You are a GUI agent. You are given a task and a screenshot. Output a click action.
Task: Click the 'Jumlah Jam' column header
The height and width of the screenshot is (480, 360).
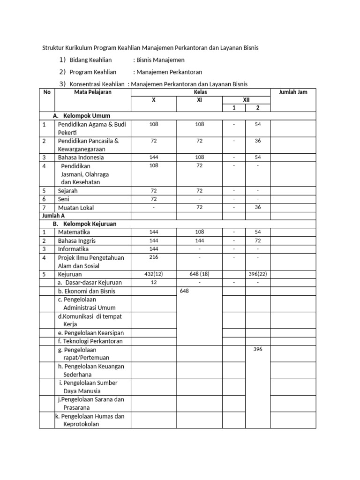tap(293, 92)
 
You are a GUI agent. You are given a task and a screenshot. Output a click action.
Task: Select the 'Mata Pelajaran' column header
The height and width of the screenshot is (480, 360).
tap(93, 92)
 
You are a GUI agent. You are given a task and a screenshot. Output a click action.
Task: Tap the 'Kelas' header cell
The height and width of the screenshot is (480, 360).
tap(200, 92)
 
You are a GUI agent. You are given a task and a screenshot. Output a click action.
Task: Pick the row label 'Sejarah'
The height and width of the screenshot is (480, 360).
tap(68, 191)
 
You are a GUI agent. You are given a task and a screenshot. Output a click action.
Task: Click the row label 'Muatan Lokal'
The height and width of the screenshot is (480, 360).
tap(75, 208)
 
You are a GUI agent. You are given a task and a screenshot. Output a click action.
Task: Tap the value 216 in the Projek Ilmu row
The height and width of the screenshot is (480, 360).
tap(154, 257)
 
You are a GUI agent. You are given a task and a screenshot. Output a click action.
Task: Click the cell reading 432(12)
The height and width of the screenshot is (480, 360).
tap(154, 274)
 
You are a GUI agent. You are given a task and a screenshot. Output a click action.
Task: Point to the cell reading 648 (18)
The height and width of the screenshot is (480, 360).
tap(199, 274)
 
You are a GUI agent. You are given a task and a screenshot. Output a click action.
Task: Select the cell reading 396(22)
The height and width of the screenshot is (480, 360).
tap(258, 274)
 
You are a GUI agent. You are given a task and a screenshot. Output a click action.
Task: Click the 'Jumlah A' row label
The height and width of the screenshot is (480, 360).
tap(53, 216)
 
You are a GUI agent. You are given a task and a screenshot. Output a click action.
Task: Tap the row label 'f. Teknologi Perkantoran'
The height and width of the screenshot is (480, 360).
tap(90, 341)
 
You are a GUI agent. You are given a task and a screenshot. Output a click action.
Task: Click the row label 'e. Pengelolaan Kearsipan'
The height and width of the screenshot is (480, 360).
tap(91, 333)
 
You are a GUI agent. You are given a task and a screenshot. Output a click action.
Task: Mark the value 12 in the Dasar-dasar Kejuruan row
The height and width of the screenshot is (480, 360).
tap(154, 282)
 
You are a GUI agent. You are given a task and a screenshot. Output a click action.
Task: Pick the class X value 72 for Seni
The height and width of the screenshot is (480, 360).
tap(154, 199)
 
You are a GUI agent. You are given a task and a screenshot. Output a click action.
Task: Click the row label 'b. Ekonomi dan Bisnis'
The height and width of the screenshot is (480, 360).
tap(86, 291)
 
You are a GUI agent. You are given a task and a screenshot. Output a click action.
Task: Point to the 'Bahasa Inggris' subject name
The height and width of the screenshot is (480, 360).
tap(77, 240)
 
